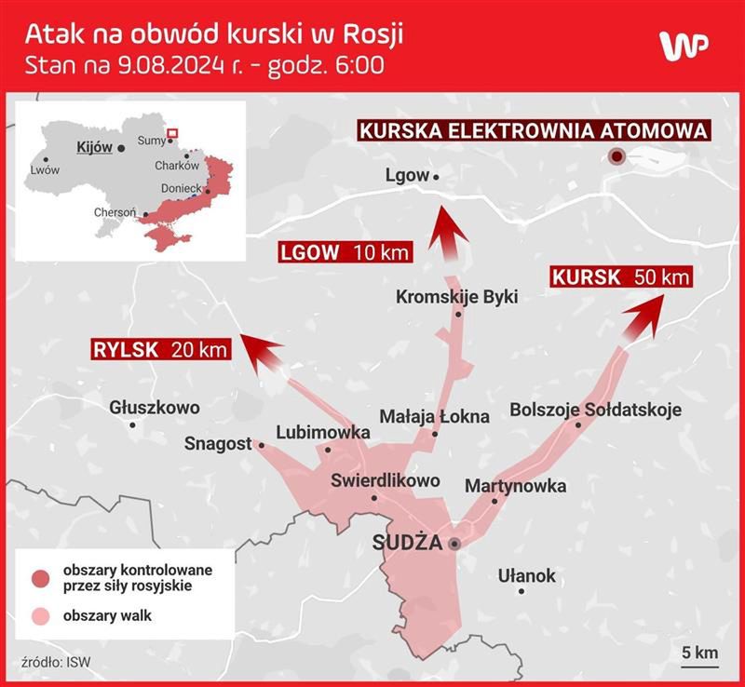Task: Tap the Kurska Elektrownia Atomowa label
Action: coord(534,131)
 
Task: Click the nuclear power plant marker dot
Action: coord(616,157)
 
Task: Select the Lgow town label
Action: coord(407,175)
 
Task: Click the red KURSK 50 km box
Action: coord(621,276)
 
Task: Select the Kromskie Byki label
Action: coord(456,297)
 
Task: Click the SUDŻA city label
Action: coord(407,543)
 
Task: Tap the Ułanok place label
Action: coord(526,575)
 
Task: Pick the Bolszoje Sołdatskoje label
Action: coord(595,410)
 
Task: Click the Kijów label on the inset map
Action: coord(95,147)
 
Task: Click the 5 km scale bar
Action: coord(698,660)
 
